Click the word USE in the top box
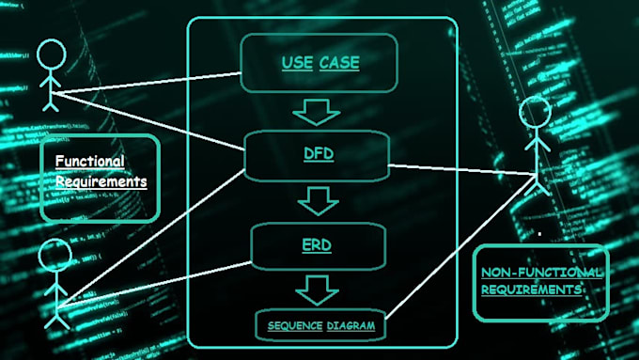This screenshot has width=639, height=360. [x=297, y=64]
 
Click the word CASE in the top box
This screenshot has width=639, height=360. [x=339, y=64]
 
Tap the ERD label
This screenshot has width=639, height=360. [x=316, y=245]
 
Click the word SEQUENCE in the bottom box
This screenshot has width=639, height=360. [x=294, y=326]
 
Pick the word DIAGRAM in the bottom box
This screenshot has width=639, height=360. [x=351, y=326]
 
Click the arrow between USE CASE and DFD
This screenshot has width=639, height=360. [x=316, y=112]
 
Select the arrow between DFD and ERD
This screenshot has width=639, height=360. [x=317, y=200]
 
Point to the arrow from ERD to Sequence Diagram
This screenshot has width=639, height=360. [x=317, y=289]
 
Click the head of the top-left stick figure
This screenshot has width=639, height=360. [x=53, y=53]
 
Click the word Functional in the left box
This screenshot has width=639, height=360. [x=89, y=162]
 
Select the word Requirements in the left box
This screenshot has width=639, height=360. [x=101, y=180]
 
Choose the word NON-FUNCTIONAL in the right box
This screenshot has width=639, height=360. [x=542, y=273]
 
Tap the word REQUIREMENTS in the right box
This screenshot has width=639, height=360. [x=531, y=290]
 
